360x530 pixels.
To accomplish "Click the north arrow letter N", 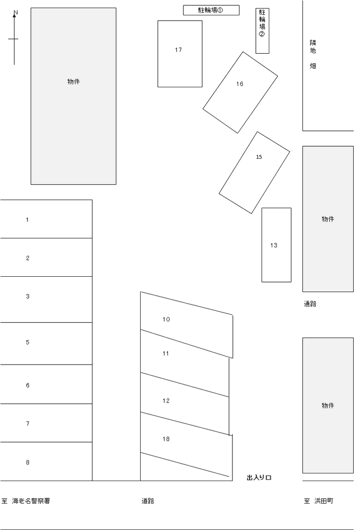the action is [15, 13].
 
